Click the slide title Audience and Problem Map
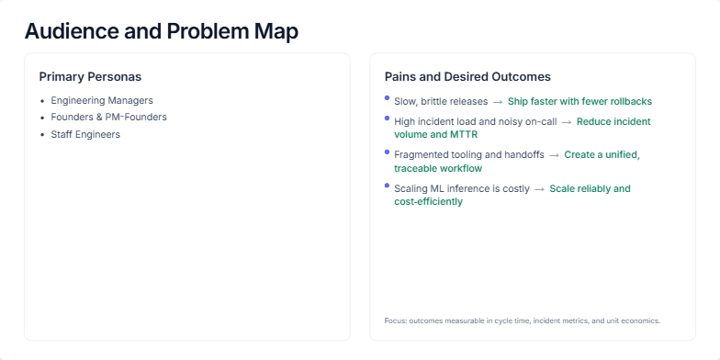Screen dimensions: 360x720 click(161, 30)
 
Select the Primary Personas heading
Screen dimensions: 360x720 click(90, 76)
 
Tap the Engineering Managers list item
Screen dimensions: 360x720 click(102, 100)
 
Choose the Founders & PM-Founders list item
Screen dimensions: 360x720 click(108, 118)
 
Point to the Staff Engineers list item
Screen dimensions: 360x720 click(85, 135)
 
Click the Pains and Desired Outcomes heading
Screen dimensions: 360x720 click(467, 76)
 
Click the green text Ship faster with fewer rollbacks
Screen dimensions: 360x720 click(579, 101)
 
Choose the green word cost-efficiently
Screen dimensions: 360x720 click(429, 202)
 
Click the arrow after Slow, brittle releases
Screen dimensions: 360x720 click(497, 101)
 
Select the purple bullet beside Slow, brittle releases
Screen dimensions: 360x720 click(388, 97)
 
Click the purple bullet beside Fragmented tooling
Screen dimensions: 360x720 click(388, 152)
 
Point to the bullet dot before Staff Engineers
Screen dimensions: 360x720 click(42, 135)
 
